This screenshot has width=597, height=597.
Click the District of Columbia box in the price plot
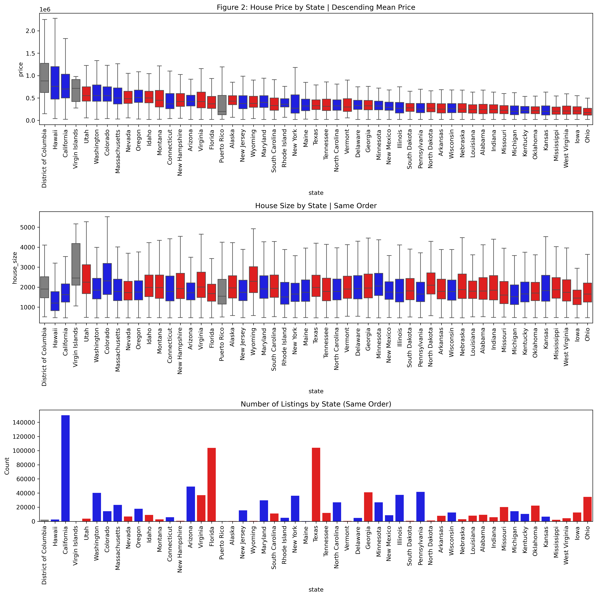click(x=45, y=78)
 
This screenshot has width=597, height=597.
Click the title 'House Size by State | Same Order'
click(x=316, y=206)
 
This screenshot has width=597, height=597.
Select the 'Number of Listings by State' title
click(x=316, y=404)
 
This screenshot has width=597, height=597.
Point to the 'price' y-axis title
click(x=21, y=69)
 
